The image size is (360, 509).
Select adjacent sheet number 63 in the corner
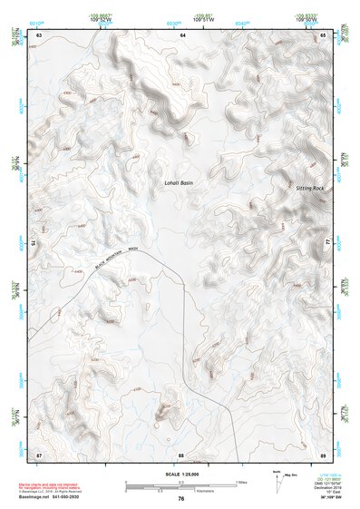click(39, 34)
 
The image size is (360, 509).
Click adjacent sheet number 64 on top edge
click(181, 34)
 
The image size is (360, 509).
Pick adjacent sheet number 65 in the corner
click(323, 34)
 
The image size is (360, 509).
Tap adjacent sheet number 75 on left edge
click(37, 243)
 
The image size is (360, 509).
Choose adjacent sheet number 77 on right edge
click(326, 243)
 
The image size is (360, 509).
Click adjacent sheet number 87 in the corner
click(39, 454)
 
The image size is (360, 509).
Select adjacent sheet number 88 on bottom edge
click(181, 454)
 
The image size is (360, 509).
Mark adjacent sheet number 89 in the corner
click(323, 454)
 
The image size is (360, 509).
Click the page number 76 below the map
click(181, 499)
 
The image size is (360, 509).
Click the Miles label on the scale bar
click(240, 482)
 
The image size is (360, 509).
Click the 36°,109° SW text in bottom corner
click(326, 496)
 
